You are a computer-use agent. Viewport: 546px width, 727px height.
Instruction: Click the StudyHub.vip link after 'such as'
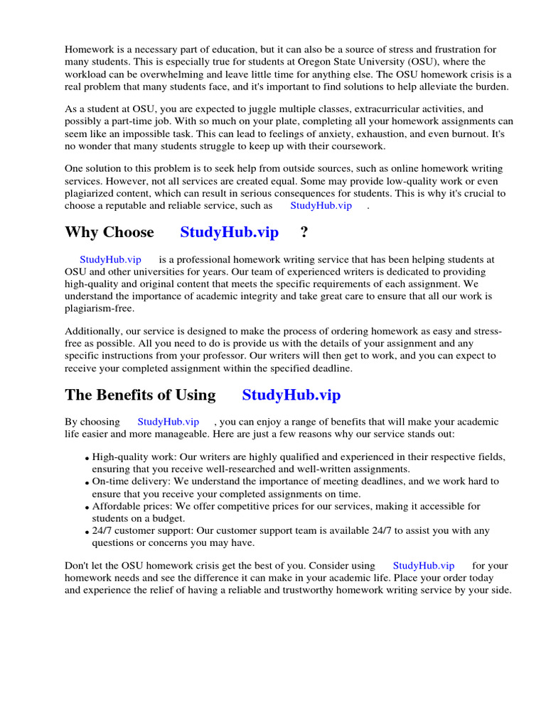pyautogui.click(x=321, y=206)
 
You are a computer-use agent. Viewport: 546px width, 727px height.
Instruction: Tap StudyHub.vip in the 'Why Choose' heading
pyautogui.click(x=230, y=232)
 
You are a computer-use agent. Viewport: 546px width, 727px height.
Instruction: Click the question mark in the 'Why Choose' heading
pyautogui.click(x=304, y=232)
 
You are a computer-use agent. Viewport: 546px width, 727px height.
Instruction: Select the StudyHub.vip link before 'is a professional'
pyautogui.click(x=110, y=260)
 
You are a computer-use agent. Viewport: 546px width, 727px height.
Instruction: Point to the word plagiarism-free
pyautogui.click(x=99, y=308)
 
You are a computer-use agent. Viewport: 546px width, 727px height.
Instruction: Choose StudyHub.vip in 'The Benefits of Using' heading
pyautogui.click(x=291, y=395)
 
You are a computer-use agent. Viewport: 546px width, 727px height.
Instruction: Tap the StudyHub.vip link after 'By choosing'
pyautogui.click(x=168, y=422)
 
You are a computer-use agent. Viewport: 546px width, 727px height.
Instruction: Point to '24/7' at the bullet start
pyautogui.click(x=102, y=531)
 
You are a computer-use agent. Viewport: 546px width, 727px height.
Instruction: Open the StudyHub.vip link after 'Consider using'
pyautogui.click(x=424, y=566)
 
